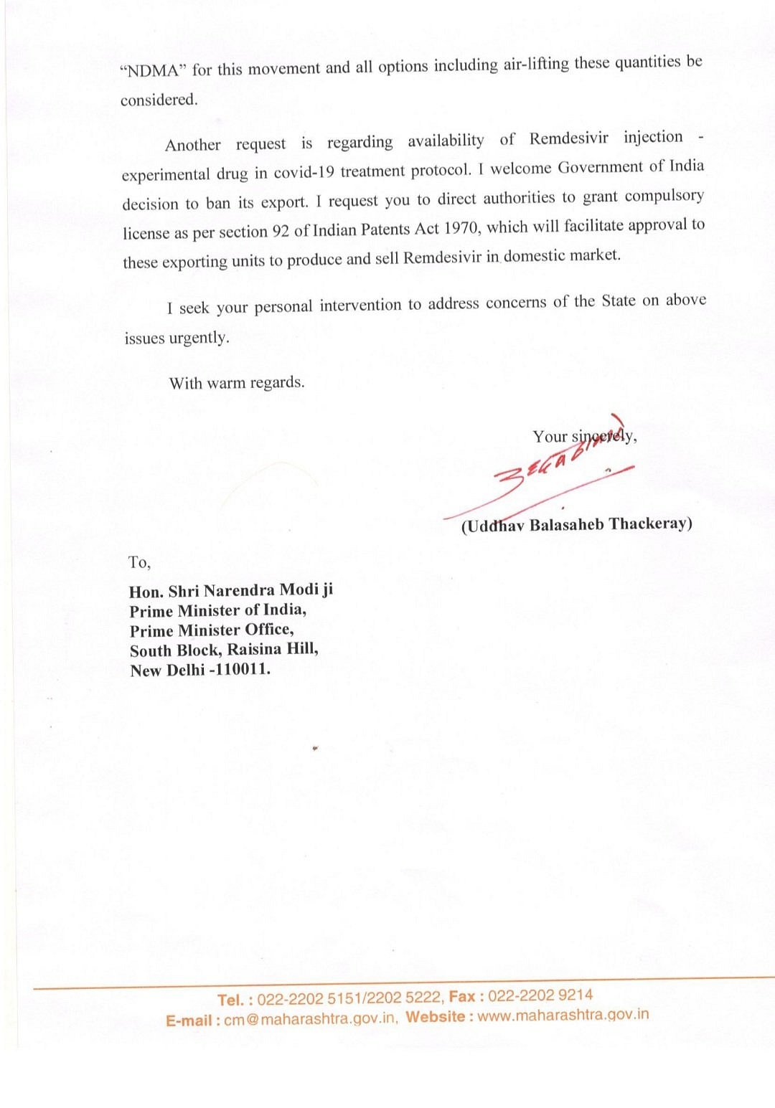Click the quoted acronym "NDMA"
point(153,70)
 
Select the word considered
point(159,100)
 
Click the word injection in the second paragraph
point(653,137)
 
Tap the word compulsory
point(664,196)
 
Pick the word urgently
point(199,338)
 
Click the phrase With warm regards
point(237,383)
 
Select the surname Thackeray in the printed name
point(650,524)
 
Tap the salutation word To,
point(139,563)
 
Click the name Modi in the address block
point(299,590)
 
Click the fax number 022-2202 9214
point(540,995)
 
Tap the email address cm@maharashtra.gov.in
point(311,1018)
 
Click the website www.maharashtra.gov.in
point(563,1015)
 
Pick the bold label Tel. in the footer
point(230,1000)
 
